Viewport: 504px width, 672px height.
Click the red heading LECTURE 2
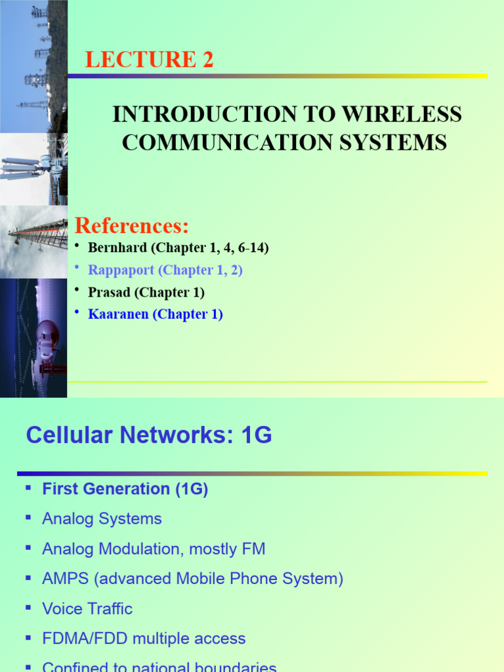click(149, 60)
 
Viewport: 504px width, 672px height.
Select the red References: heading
click(132, 226)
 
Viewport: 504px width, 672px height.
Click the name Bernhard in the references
click(115, 248)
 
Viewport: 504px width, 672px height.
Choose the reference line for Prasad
click(146, 293)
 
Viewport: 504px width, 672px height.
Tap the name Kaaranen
click(119, 314)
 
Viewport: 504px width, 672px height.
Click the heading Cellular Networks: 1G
click(149, 434)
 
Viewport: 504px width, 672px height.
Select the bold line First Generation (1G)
click(125, 489)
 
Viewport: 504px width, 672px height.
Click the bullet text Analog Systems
click(102, 519)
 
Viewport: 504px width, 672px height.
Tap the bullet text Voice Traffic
click(87, 609)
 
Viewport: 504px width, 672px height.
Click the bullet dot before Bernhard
click(77, 245)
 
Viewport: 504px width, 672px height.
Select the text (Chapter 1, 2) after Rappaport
click(201, 270)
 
